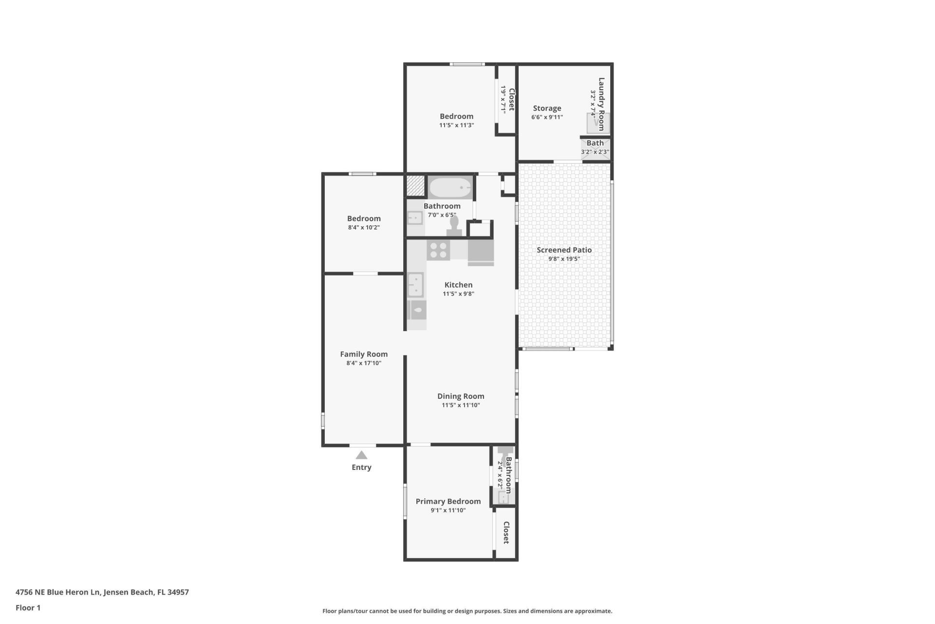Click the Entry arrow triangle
point(361,455)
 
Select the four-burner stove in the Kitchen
point(438,250)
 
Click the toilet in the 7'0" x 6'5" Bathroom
point(454,226)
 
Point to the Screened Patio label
point(564,250)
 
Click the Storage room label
point(547,108)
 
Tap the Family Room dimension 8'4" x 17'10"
point(364,363)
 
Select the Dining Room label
point(461,396)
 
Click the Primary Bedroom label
point(448,501)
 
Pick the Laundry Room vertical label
point(601,104)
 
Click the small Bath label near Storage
point(595,143)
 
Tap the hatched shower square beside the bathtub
point(416,186)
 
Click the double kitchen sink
point(415,285)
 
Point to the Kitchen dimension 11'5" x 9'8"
point(458,293)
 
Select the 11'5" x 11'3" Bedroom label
point(456,116)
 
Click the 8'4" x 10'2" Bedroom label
point(364,218)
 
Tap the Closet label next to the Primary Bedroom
point(506,533)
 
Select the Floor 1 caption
point(28,607)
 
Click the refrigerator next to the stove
point(481,252)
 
